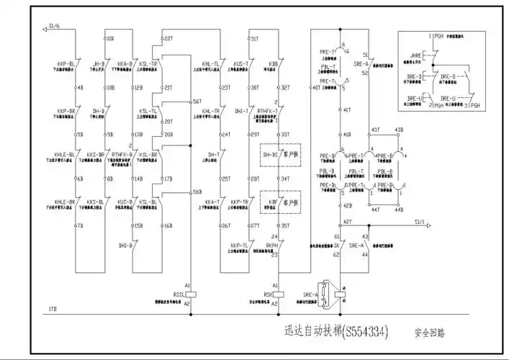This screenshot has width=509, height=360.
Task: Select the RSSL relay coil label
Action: (x=179, y=294)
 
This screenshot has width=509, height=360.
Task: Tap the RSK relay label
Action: (x=268, y=294)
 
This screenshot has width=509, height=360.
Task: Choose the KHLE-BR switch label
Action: (x=67, y=202)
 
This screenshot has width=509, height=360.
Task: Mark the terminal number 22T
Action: (x=168, y=37)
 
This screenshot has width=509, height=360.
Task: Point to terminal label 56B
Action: (x=197, y=192)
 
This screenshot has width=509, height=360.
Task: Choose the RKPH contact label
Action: (x=272, y=246)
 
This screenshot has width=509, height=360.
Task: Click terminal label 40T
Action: (x=317, y=89)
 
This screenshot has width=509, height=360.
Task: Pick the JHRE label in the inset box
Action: (x=415, y=53)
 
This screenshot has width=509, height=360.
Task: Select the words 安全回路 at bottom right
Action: (x=429, y=333)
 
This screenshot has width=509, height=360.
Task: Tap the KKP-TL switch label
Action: (x=240, y=246)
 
